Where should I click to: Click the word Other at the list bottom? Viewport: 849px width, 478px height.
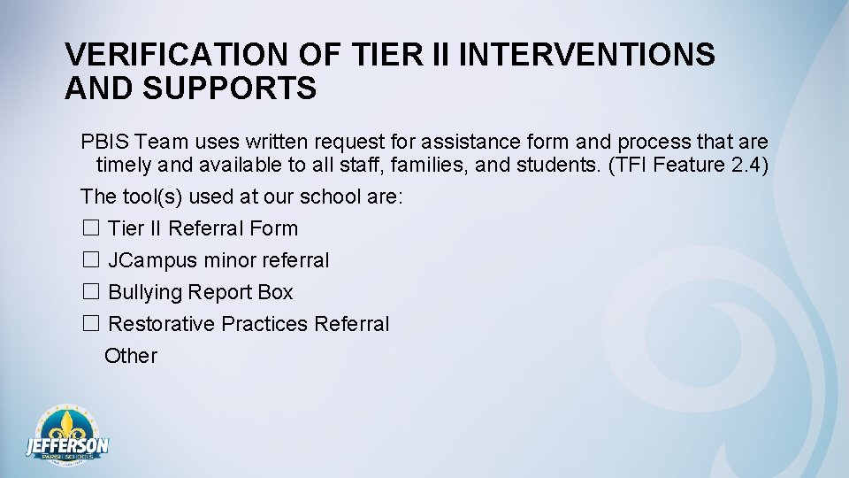[x=131, y=356]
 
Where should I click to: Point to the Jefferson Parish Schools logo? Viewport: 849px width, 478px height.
[x=67, y=436]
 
